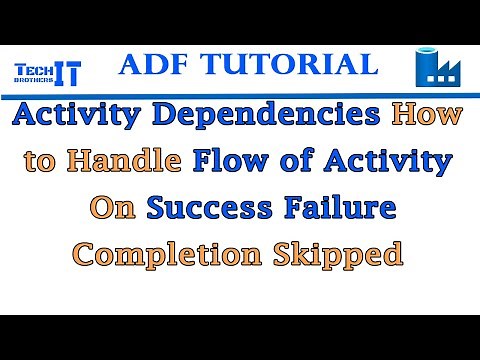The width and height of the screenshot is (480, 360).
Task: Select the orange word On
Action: pyautogui.click(x=114, y=207)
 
